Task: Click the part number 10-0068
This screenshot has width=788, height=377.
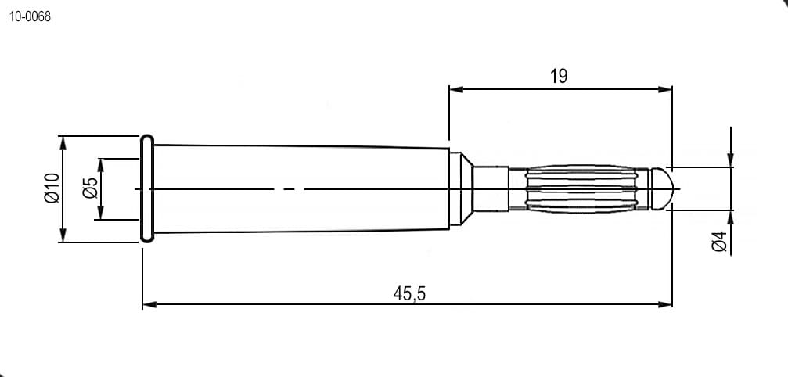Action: click(30, 16)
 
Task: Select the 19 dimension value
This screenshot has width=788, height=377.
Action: click(559, 77)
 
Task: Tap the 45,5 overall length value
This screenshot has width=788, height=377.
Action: click(409, 293)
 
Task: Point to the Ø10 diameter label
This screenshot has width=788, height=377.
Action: click(52, 188)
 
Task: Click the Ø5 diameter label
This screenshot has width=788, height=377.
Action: click(91, 188)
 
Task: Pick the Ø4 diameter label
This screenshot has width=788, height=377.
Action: click(720, 242)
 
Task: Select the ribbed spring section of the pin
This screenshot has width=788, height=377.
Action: click(581, 188)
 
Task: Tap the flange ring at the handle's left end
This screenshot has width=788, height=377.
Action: click(147, 188)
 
